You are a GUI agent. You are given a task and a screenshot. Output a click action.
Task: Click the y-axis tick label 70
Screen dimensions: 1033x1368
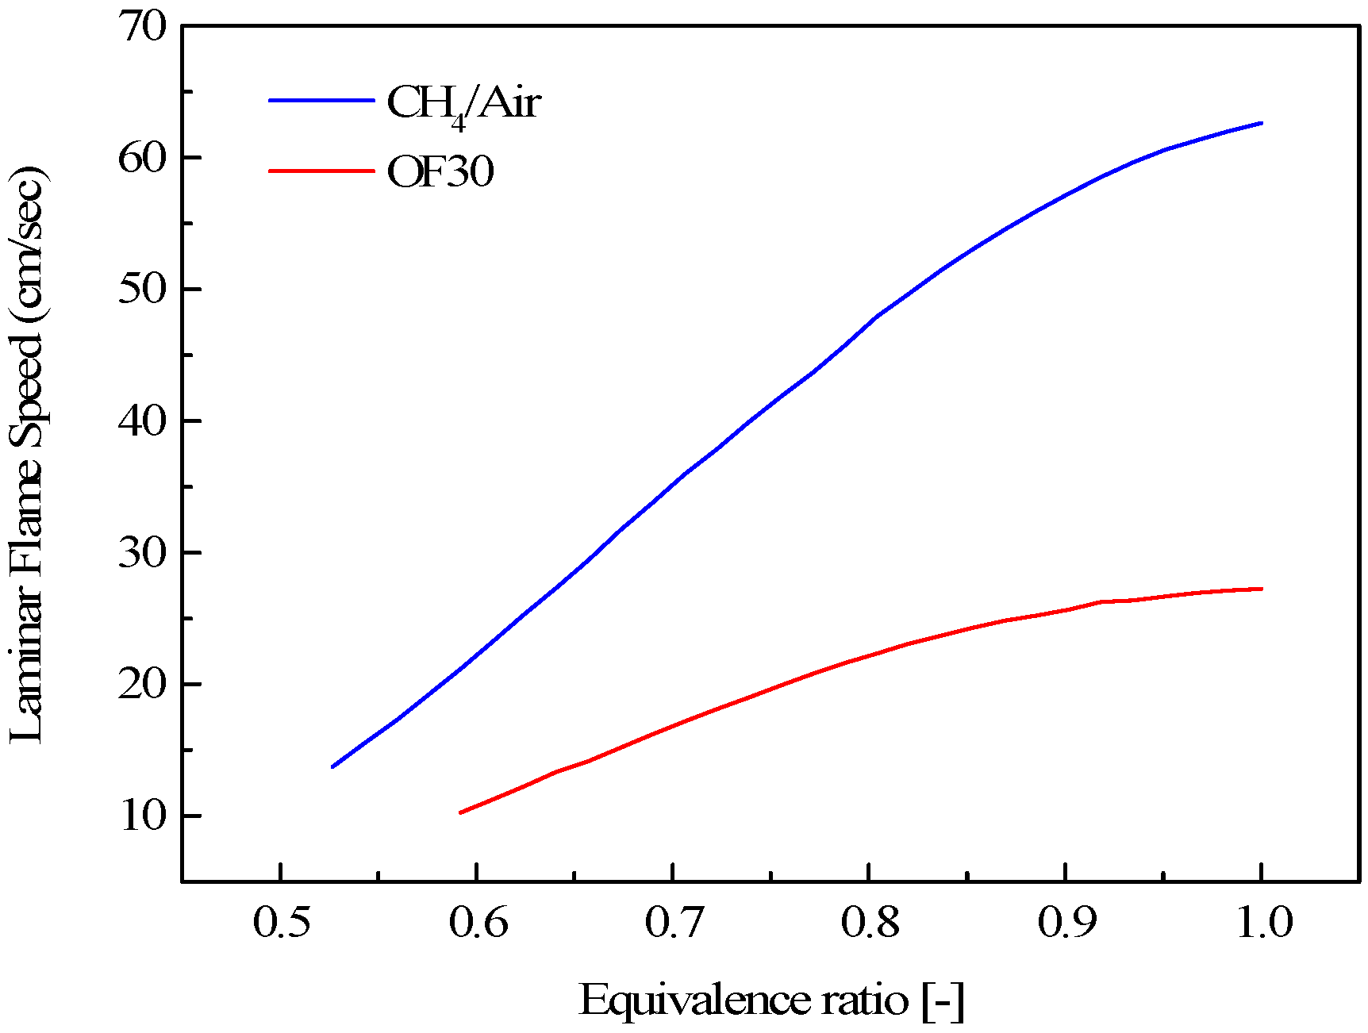point(144,27)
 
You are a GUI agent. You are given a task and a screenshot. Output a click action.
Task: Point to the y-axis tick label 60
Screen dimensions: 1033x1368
point(144,158)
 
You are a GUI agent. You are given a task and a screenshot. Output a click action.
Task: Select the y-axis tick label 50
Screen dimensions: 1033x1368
point(144,289)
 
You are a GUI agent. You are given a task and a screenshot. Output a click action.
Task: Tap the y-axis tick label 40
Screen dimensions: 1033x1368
point(144,420)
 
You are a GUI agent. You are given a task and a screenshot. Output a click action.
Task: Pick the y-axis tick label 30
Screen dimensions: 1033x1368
point(144,552)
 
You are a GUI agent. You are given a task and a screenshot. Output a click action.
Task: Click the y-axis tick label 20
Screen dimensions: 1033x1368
point(144,684)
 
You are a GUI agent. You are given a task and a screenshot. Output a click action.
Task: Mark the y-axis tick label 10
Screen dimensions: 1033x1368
point(144,816)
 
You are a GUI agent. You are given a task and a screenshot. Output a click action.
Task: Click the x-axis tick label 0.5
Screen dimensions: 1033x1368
point(281,923)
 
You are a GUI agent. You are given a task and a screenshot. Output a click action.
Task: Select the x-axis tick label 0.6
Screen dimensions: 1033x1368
point(477,923)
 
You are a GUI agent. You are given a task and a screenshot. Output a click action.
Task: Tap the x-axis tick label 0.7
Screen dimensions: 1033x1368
point(673,923)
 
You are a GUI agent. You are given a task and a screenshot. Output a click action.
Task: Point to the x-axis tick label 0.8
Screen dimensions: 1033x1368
point(870,923)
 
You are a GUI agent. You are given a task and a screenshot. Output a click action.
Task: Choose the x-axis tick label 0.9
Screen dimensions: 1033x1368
point(1066,923)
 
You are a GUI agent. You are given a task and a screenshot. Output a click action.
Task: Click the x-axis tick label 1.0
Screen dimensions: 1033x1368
point(1263,923)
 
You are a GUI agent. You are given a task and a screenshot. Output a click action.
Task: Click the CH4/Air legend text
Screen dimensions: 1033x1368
point(463,104)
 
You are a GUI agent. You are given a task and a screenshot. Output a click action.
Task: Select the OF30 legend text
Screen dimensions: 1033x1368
point(440,171)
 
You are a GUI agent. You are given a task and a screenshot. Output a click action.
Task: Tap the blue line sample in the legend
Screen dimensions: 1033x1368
point(321,101)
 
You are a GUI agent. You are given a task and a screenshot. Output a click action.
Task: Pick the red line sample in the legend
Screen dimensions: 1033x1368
point(321,171)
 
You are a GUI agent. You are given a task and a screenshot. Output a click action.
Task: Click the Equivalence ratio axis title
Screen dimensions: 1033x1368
point(771,1000)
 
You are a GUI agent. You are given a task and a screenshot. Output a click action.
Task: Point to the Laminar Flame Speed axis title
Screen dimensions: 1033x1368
point(29,454)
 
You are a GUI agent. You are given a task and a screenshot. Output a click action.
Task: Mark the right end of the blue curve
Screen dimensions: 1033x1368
point(1261,123)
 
